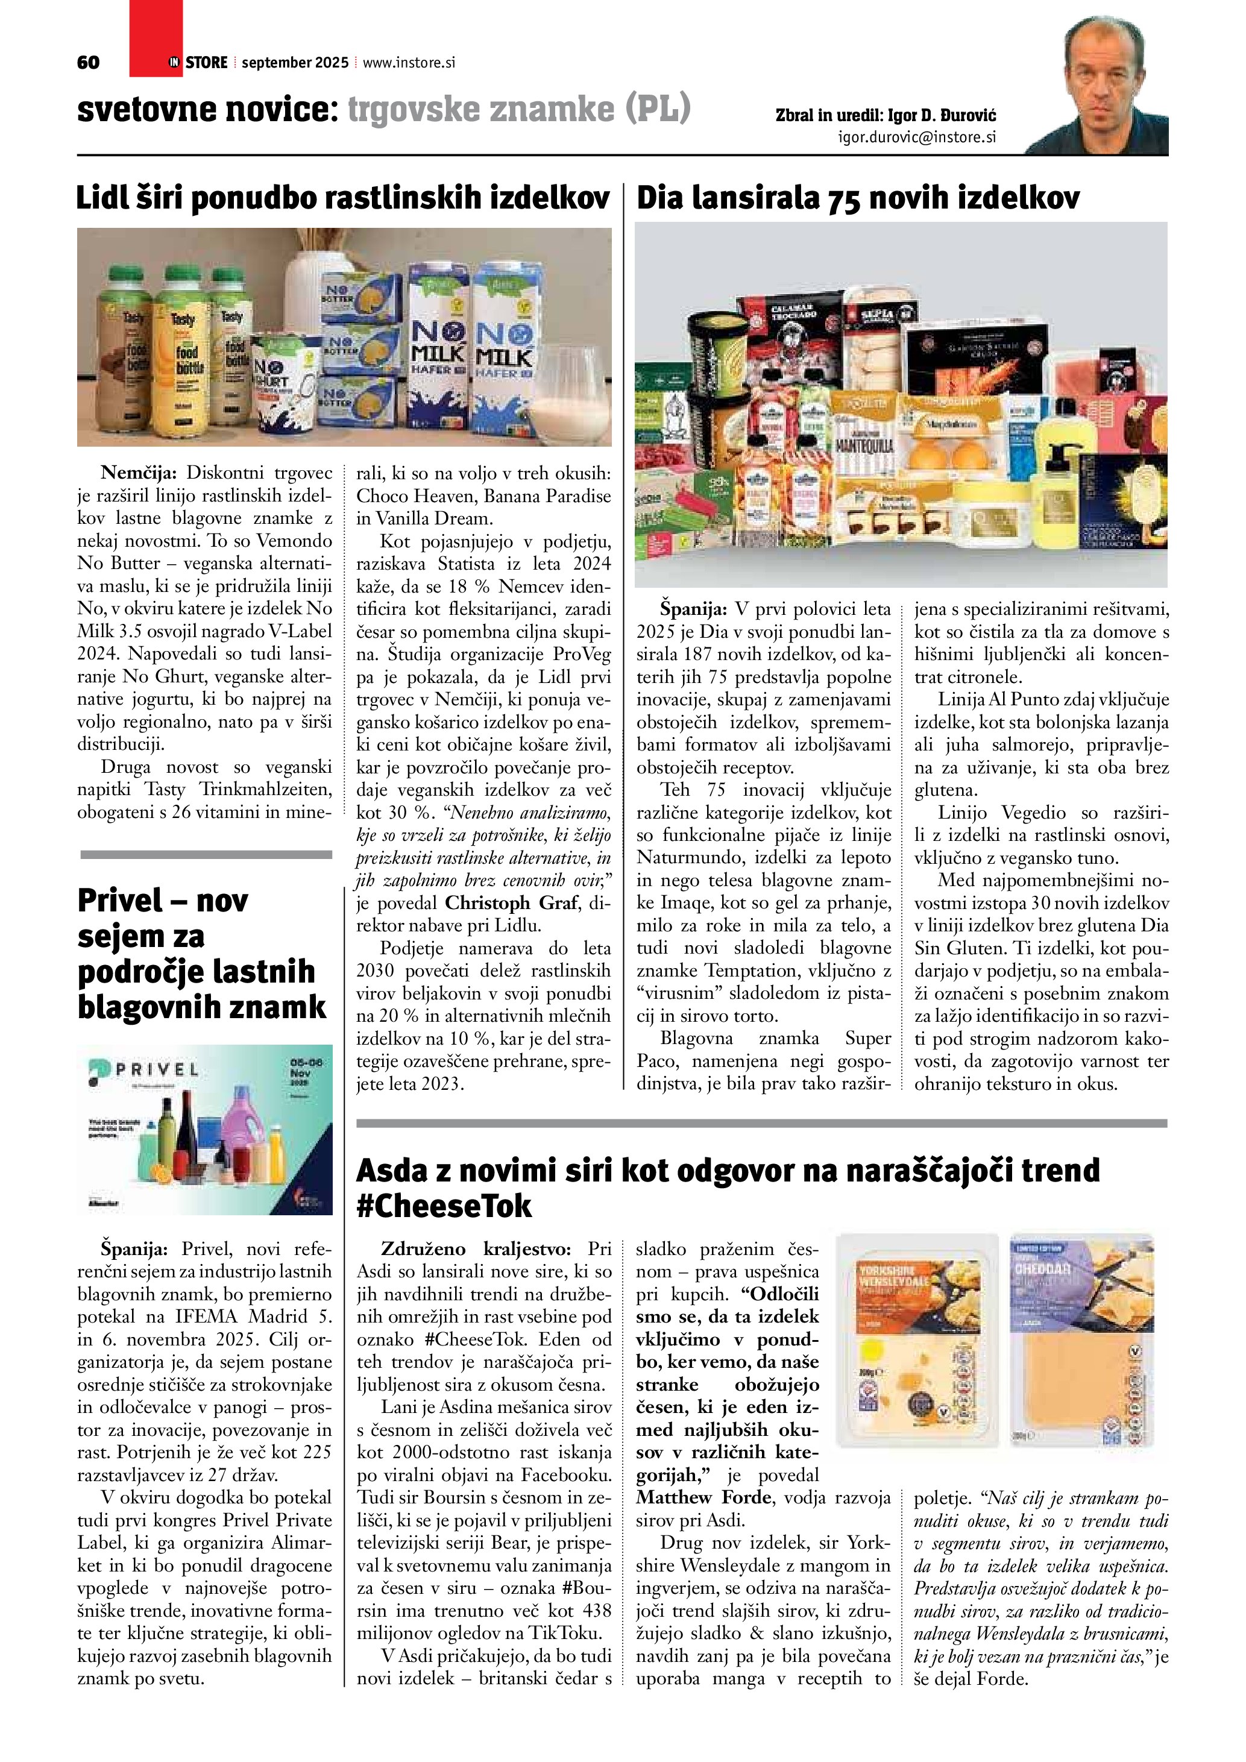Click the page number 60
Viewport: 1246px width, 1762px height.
88,62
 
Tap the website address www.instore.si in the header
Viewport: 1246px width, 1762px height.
408,63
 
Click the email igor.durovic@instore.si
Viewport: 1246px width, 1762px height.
917,137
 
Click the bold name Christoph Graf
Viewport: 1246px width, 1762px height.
509,902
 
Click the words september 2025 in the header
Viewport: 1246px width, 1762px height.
295,63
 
